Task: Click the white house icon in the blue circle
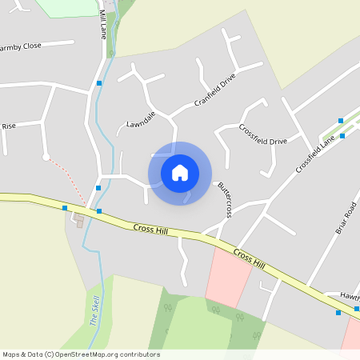(180, 173)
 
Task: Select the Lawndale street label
(140, 121)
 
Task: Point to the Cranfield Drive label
(216, 93)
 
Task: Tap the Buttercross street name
(225, 199)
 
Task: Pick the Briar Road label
(345, 217)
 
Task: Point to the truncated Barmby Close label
(21, 46)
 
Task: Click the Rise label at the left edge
(9, 126)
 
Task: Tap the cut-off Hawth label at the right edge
(350, 295)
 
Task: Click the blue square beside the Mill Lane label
(99, 83)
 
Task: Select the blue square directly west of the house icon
(98, 187)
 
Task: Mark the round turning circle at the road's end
(46, 157)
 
